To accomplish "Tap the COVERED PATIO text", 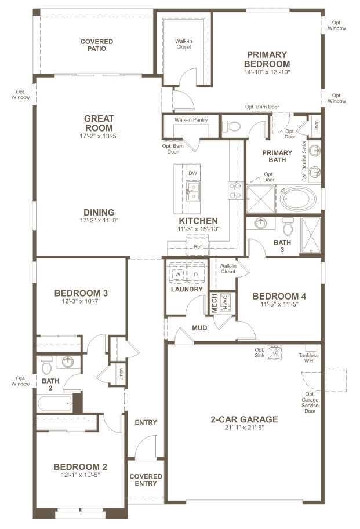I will click(96, 45).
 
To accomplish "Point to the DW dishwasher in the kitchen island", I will click(192, 173).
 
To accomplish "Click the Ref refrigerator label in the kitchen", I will click(197, 247).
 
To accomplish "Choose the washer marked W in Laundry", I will click(178, 273).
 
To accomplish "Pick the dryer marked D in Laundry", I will click(195, 273).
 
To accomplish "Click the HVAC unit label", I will click(226, 302).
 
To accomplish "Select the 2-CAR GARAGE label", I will click(244, 419).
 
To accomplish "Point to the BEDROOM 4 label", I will click(279, 296).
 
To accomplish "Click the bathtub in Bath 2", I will click(56, 403).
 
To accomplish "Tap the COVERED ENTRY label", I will click(146, 480).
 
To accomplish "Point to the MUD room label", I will click(199, 328).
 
